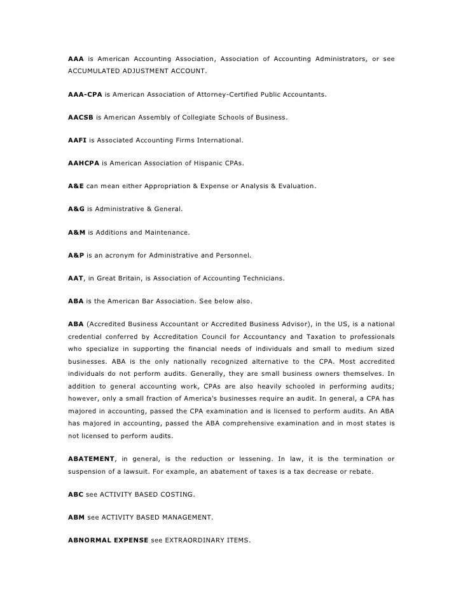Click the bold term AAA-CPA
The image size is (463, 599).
point(85,95)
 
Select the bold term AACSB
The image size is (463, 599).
point(80,118)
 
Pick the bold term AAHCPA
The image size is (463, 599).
point(83,163)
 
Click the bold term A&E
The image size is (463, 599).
point(76,186)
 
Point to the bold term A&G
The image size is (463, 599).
point(76,209)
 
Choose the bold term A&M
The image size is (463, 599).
point(76,232)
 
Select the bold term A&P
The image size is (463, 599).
point(76,255)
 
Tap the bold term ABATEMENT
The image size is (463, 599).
point(91,458)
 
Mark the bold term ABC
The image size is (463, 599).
point(76,494)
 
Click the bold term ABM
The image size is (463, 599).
point(76,517)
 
